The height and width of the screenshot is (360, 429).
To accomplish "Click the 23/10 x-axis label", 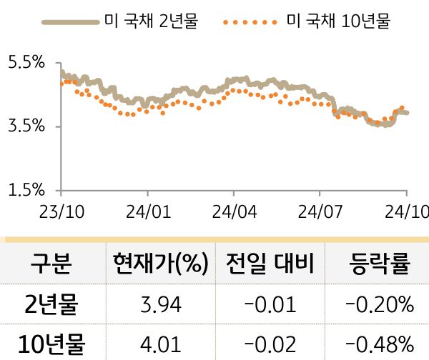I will pos(61,212).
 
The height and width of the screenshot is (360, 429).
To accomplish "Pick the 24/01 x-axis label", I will pos(148,212).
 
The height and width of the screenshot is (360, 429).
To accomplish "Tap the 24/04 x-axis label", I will pos(234,212).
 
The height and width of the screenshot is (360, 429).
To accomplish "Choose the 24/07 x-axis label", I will pos(320,212).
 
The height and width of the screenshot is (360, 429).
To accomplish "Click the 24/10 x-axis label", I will pos(406,212).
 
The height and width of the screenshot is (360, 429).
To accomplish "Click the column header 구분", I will pos(50,264).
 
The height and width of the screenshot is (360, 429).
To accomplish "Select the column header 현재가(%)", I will pos(160,264).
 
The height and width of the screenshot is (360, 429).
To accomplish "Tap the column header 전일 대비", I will pos(270,264).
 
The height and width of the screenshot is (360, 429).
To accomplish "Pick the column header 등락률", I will pos(379,264).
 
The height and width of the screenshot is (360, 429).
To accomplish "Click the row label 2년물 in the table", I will pos(50,306).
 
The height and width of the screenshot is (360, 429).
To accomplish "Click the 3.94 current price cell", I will pos(160,306).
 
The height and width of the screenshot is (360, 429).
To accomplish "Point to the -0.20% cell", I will pos(379,306).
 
